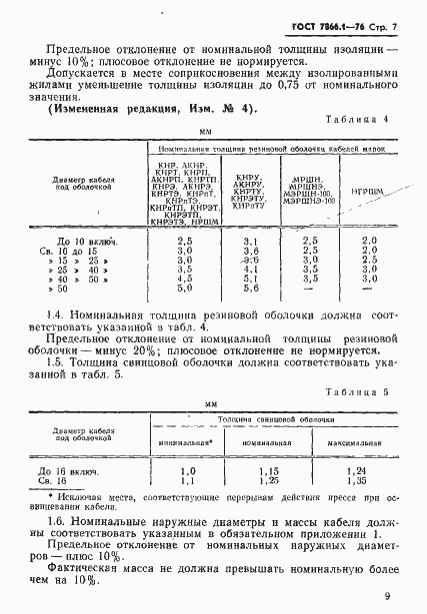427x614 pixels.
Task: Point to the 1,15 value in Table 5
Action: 266,470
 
